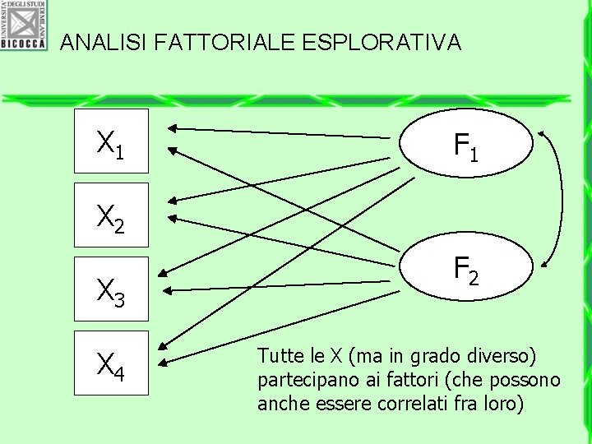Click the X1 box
pos(111,141)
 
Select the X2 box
pos(111,215)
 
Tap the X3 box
pos(111,289)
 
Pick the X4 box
pos(111,363)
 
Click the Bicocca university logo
pos(24,25)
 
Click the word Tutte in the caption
pos(276,356)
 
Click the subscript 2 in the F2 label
pos(474,279)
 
